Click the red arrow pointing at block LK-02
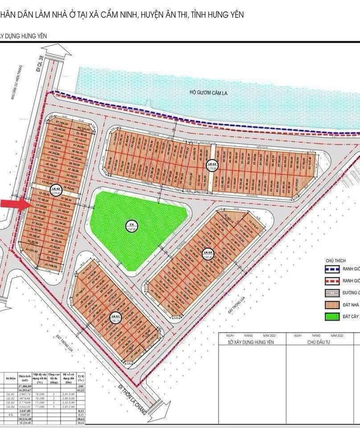coord(11,203)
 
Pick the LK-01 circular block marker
coord(114,317)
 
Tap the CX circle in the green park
coord(132,225)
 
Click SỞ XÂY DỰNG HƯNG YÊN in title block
coord(254,342)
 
